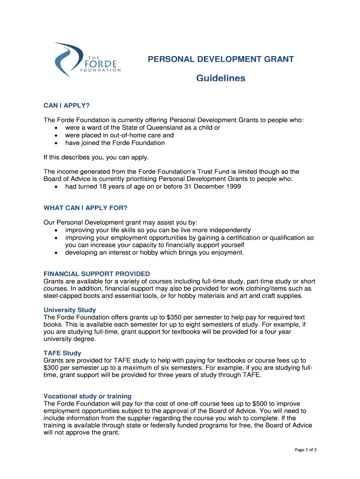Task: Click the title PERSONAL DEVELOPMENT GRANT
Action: (221, 59)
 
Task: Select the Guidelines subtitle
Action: (220, 79)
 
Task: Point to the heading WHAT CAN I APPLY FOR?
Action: (86, 208)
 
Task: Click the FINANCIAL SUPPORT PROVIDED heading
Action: (97, 274)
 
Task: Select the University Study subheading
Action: (70, 310)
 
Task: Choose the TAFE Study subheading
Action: (62, 353)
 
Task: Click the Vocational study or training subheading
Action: (87, 396)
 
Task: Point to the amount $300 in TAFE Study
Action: (51, 368)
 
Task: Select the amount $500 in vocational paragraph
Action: (260, 404)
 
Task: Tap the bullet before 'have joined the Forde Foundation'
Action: (57, 143)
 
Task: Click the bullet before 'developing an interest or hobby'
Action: (57, 253)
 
